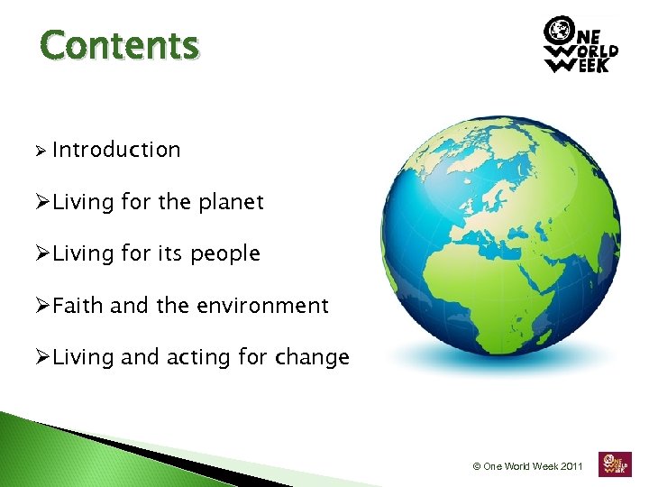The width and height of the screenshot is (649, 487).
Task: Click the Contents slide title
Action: point(119,44)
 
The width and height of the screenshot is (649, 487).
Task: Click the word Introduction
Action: point(116,150)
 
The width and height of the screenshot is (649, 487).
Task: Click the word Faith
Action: point(78,306)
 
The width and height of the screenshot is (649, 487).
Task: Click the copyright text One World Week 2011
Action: point(528,466)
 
